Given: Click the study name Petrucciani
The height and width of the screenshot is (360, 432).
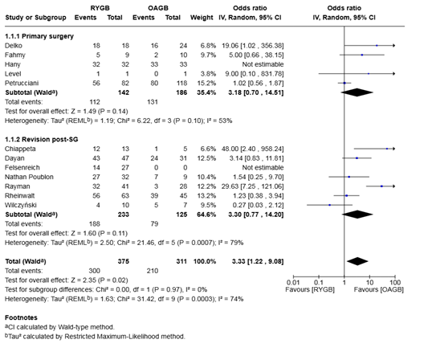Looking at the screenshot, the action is pyautogui.click(x=22, y=84).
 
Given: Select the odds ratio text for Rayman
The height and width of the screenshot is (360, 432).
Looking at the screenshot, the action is pyautogui.click(x=252, y=186).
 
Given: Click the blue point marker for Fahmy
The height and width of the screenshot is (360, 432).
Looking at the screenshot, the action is pyautogui.click(x=362, y=55).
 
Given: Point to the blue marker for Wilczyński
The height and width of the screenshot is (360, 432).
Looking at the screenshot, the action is pyautogui.click(x=329, y=205).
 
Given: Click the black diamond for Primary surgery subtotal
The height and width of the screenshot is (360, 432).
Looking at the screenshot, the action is pyautogui.click(x=357, y=92).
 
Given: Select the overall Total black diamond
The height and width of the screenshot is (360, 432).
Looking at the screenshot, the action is pyautogui.click(x=357, y=261).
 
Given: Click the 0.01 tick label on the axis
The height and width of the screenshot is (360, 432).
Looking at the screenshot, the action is pyautogui.click(x=293, y=283).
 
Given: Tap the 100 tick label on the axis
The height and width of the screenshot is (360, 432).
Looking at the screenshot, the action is pyautogui.click(x=395, y=283).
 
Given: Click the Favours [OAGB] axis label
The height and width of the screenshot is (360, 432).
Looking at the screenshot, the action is pyautogui.click(x=378, y=290).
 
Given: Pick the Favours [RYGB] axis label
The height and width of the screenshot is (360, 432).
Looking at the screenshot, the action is pyautogui.click(x=310, y=290).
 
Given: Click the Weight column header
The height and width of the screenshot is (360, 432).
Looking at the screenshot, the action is pyautogui.click(x=202, y=18).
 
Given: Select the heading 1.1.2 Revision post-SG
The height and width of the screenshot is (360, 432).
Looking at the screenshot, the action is pyautogui.click(x=41, y=140).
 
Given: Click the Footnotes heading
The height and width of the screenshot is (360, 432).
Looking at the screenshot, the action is pyautogui.click(x=21, y=317).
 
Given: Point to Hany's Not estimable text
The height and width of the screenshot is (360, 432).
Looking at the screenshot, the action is pyautogui.click(x=263, y=64).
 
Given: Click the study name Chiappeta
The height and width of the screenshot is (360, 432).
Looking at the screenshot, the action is pyautogui.click(x=20, y=149).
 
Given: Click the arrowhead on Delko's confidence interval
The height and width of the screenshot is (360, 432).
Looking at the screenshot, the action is pyautogui.click(x=394, y=46).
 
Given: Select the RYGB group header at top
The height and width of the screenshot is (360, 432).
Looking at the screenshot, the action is pyautogui.click(x=100, y=8).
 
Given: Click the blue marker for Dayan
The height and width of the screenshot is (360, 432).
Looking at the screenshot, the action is pyautogui.click(x=357, y=158).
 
